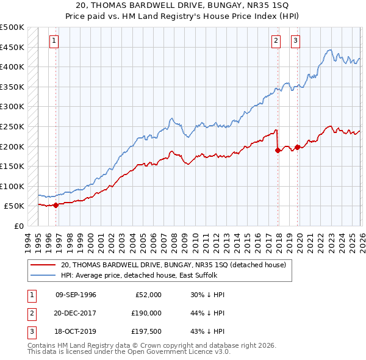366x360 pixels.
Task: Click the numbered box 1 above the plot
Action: click(x=54, y=41)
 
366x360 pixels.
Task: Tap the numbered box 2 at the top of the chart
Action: click(x=276, y=41)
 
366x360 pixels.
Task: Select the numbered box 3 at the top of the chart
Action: click(x=295, y=41)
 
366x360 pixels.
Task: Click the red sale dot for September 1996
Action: click(x=56, y=205)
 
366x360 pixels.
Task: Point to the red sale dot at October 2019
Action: click(x=297, y=147)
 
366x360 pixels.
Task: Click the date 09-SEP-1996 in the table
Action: click(x=76, y=295)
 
